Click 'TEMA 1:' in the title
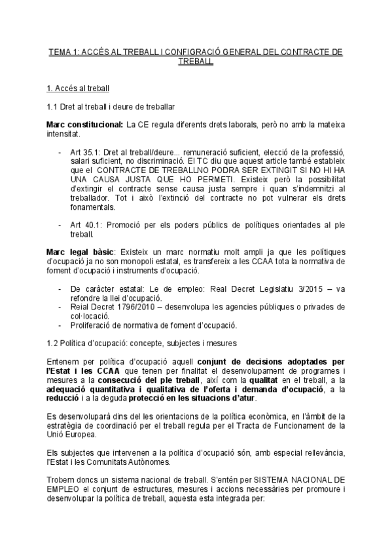coord(63,52)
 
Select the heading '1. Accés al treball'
coord(78,87)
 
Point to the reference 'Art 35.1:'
coord(86,152)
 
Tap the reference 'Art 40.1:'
coord(86,225)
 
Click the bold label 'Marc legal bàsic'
coord(80,252)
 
